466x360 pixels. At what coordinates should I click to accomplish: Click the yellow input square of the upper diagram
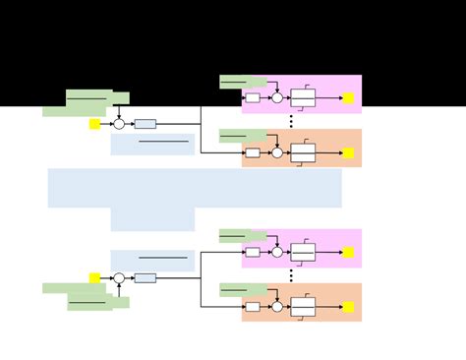[95, 124]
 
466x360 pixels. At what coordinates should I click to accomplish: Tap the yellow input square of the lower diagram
[95, 278]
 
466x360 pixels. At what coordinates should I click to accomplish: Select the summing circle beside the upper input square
[119, 124]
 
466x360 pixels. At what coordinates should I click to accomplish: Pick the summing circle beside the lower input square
[119, 278]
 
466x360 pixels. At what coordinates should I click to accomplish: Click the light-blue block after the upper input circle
[146, 124]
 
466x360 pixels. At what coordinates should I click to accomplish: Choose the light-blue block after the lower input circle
[146, 278]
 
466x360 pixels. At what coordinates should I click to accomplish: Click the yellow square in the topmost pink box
[348, 98]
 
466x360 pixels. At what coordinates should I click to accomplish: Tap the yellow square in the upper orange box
[348, 152]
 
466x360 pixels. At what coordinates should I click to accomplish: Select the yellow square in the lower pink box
[348, 253]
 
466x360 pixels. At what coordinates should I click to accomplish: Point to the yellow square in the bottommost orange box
[348, 307]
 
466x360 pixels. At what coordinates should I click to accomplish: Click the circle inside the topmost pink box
[277, 98]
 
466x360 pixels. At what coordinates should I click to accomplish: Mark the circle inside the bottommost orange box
[277, 307]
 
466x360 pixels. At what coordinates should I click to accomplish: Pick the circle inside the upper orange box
[277, 152]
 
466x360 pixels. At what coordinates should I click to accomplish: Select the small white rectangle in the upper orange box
[253, 152]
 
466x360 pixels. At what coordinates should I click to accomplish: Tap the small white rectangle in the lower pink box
[253, 253]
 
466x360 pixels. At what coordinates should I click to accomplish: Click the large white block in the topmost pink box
[303, 98]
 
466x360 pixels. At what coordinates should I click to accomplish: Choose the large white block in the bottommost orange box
[303, 307]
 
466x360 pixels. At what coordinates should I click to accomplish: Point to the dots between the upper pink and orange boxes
[290, 122]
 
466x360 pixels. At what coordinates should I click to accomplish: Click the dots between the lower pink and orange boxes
[290, 276]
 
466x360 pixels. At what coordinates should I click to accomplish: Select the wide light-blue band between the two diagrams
[195, 188]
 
